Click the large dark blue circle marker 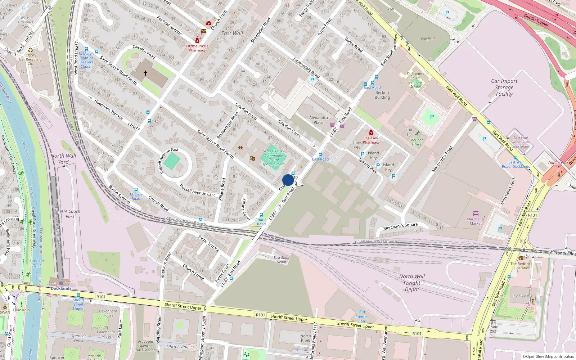click(x=288, y=180)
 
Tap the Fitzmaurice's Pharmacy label click(x=197, y=48)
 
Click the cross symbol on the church click(x=145, y=73)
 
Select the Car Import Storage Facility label click(x=504, y=87)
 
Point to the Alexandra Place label click(x=318, y=120)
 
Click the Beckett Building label click(x=382, y=95)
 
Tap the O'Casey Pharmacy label click(x=371, y=140)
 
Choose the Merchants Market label click(x=476, y=221)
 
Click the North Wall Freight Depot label click(x=412, y=283)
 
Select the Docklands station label click(x=61, y=288)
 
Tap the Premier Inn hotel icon click(x=362, y=312)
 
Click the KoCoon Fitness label click(x=417, y=142)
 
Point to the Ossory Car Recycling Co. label click(x=30, y=59)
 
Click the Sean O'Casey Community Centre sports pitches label click(x=274, y=158)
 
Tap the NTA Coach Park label click(x=70, y=214)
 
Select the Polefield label click(x=428, y=39)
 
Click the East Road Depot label click(x=281, y=260)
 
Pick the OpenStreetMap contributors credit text click(x=548, y=356)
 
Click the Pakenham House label click(x=108, y=313)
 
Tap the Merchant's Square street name click(x=400, y=226)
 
